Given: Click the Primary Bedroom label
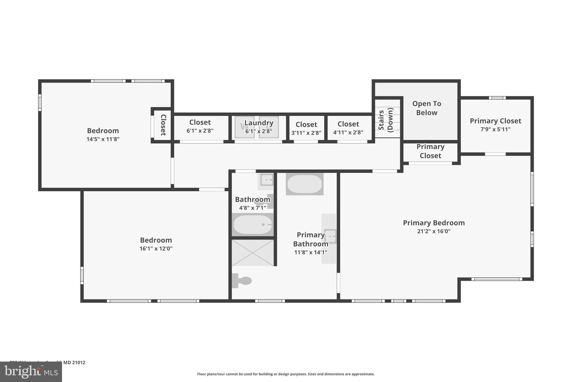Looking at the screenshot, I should (x=433, y=223).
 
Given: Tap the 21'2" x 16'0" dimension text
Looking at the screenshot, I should (x=433, y=231).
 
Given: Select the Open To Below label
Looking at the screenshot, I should (x=426, y=108).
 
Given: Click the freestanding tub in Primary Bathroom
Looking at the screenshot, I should (x=304, y=184).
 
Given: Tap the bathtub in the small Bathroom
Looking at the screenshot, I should (x=252, y=224).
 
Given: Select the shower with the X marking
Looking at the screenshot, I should (x=252, y=252).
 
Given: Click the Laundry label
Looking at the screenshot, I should (x=259, y=123).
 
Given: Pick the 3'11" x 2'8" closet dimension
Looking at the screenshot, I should (x=306, y=133).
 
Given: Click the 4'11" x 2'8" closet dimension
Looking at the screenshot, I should (x=348, y=132).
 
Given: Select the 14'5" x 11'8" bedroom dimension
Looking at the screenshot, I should (x=103, y=139).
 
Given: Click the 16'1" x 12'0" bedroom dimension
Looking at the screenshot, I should (x=156, y=249).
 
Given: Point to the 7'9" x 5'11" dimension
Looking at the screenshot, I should (x=495, y=129).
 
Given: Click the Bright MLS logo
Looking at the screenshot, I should (x=31, y=372).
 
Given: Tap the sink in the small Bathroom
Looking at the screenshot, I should (x=267, y=180).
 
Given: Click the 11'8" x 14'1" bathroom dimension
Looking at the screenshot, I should (x=311, y=252).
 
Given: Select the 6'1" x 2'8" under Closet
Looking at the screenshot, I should (x=200, y=131).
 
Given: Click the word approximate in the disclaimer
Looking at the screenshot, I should (x=363, y=374).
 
